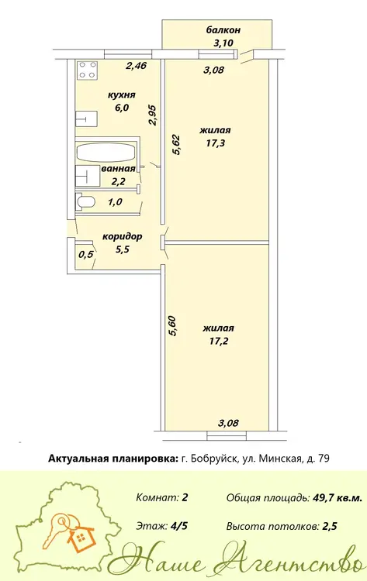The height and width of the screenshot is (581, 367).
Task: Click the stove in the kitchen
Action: (88, 70)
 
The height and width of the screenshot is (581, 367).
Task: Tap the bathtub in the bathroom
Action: (105, 153)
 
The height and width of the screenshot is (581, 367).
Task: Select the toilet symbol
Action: (86, 201)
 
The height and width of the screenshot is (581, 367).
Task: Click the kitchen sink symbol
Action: (86, 119)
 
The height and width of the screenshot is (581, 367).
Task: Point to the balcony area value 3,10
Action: (223, 43)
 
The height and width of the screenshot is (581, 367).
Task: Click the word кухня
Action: (121, 95)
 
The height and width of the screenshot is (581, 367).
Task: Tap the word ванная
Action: (118, 169)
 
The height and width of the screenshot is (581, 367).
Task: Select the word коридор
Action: (122, 236)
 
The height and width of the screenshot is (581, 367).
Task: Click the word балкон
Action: (223, 29)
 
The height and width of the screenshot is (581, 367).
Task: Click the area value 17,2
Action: (218, 341)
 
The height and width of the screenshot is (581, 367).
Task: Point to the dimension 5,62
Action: (176, 145)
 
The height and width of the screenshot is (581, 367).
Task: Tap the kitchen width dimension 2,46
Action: (137, 66)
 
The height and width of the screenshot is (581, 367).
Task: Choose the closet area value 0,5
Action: (86, 255)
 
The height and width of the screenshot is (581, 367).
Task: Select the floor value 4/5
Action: (178, 526)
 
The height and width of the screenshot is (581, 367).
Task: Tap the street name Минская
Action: (279, 459)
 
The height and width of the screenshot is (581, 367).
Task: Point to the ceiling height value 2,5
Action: (331, 526)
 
